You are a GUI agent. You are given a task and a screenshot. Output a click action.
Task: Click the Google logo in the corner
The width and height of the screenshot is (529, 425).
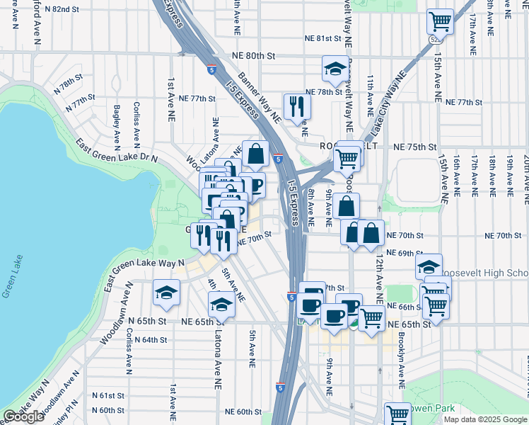click(x=24, y=416)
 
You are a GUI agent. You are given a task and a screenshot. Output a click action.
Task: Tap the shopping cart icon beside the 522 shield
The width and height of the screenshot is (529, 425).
click(x=440, y=21)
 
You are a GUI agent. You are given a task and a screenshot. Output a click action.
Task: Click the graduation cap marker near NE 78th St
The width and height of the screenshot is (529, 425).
click(x=335, y=68)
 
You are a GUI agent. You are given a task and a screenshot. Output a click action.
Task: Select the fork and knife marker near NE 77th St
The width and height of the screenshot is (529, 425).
click(x=296, y=106)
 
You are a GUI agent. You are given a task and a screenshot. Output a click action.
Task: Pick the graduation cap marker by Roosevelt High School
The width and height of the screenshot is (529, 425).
click(x=429, y=266)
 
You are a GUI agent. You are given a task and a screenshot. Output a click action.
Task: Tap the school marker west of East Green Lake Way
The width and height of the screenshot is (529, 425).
click(x=166, y=292)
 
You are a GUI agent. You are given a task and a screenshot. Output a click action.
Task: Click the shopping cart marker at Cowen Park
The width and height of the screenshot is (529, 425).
click(x=397, y=414)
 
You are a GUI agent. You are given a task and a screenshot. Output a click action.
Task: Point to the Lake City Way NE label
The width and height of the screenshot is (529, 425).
click(x=388, y=98)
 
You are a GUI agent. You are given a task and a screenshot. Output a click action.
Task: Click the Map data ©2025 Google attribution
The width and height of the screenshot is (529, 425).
click(x=484, y=419)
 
